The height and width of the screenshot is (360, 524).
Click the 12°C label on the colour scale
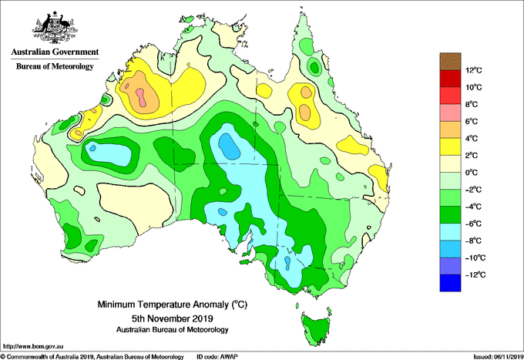(474, 70)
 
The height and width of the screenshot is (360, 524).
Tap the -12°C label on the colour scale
(475, 274)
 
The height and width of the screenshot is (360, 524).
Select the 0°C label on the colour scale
(472, 173)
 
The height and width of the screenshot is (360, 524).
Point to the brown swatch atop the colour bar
(450, 61)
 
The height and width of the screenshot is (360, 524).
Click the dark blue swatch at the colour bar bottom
(450, 283)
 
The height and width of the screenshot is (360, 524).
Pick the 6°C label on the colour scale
(472, 121)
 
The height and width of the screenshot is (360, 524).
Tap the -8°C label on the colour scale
(473, 241)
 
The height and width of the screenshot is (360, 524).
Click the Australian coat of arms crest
(55, 28)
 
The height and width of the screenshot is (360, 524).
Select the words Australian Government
(55, 52)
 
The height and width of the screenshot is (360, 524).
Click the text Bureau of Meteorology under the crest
(55, 66)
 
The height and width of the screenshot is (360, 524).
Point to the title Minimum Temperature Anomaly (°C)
(173, 304)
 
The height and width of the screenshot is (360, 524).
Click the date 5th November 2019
(173, 318)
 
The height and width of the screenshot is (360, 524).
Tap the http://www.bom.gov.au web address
(33, 347)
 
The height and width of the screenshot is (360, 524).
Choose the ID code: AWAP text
(217, 357)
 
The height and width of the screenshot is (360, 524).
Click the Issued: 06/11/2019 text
(499, 357)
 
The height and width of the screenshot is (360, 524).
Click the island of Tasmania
(316, 330)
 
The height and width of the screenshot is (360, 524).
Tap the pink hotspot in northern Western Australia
(142, 97)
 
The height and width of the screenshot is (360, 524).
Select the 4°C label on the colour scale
(472, 139)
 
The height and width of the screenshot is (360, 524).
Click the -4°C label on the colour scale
(473, 207)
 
